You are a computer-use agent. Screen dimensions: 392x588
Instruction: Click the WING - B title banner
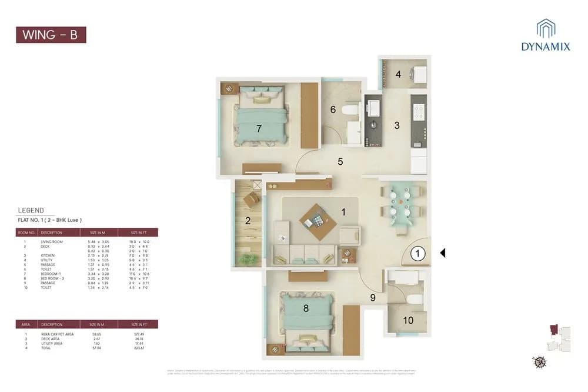51,34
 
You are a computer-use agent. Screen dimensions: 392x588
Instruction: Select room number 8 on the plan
305,307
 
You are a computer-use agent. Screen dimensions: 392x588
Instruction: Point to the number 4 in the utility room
398,75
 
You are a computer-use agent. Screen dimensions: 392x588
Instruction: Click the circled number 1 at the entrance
416,254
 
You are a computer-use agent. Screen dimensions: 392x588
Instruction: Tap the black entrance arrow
443,253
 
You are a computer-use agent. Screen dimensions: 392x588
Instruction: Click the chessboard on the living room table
318,221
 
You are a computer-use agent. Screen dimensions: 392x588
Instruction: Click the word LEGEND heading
31,210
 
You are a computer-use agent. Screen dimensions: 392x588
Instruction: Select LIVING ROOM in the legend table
52,242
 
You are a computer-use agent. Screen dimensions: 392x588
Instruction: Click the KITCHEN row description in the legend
48,256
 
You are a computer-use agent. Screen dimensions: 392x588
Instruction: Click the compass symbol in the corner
539,361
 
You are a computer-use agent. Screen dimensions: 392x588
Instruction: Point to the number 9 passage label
372,297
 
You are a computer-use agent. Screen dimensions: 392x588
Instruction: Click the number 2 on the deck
248,221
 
